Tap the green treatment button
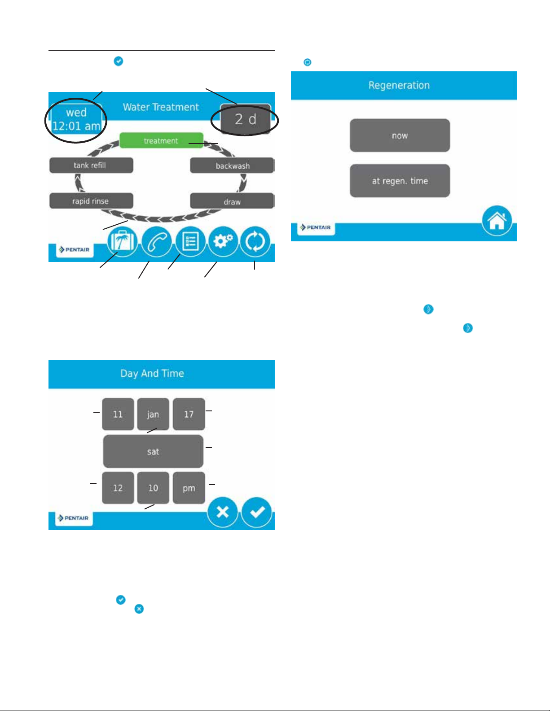click(161, 140)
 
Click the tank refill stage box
click(91, 165)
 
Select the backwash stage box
click(232, 166)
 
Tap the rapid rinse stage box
click(91, 201)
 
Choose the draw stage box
click(232, 201)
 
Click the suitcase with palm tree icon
click(122, 242)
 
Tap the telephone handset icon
click(156, 242)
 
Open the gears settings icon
click(223, 242)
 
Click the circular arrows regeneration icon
click(255, 242)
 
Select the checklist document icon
click(190, 242)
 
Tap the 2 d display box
click(245, 119)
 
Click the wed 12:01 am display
click(76, 119)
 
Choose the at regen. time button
click(400, 181)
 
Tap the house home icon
click(497, 221)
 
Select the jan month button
click(153, 414)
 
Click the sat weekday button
click(153, 451)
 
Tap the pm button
click(189, 488)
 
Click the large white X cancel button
click(223, 512)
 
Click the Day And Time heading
click(152, 373)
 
